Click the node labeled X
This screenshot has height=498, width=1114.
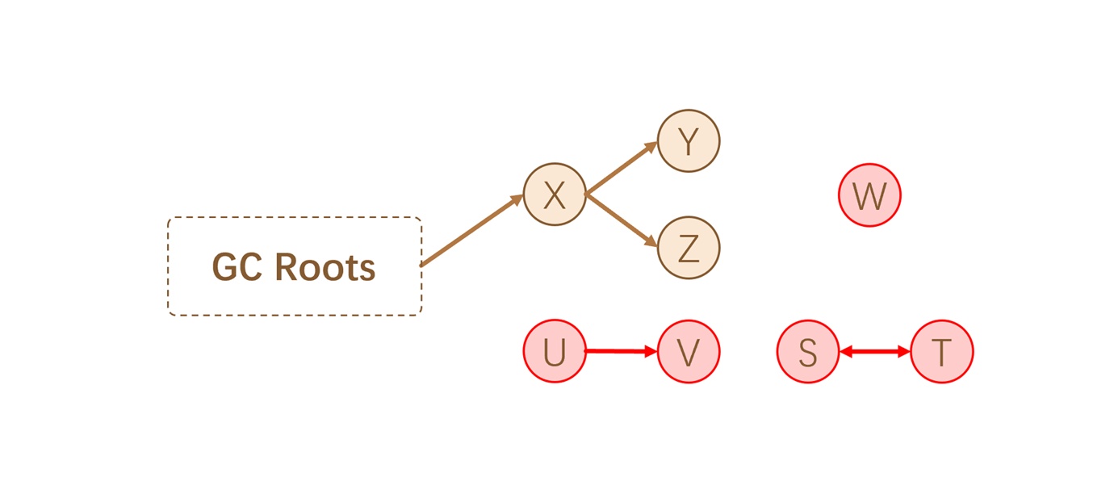555,195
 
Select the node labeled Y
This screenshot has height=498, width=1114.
689,141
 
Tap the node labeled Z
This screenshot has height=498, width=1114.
689,249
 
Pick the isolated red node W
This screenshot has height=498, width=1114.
870,195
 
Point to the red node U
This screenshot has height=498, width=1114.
555,352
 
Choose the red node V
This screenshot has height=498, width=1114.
689,352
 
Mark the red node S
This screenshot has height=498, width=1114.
808,352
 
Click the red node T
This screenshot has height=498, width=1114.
942,352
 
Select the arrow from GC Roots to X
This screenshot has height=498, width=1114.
472,230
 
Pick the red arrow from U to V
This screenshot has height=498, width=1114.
618,351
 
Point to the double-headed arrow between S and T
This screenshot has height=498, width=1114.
875,352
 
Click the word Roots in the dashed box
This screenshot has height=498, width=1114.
326,267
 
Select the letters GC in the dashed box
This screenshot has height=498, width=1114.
239,267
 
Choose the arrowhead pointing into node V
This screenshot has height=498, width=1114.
651,351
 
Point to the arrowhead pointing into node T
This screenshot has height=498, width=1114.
904,352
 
